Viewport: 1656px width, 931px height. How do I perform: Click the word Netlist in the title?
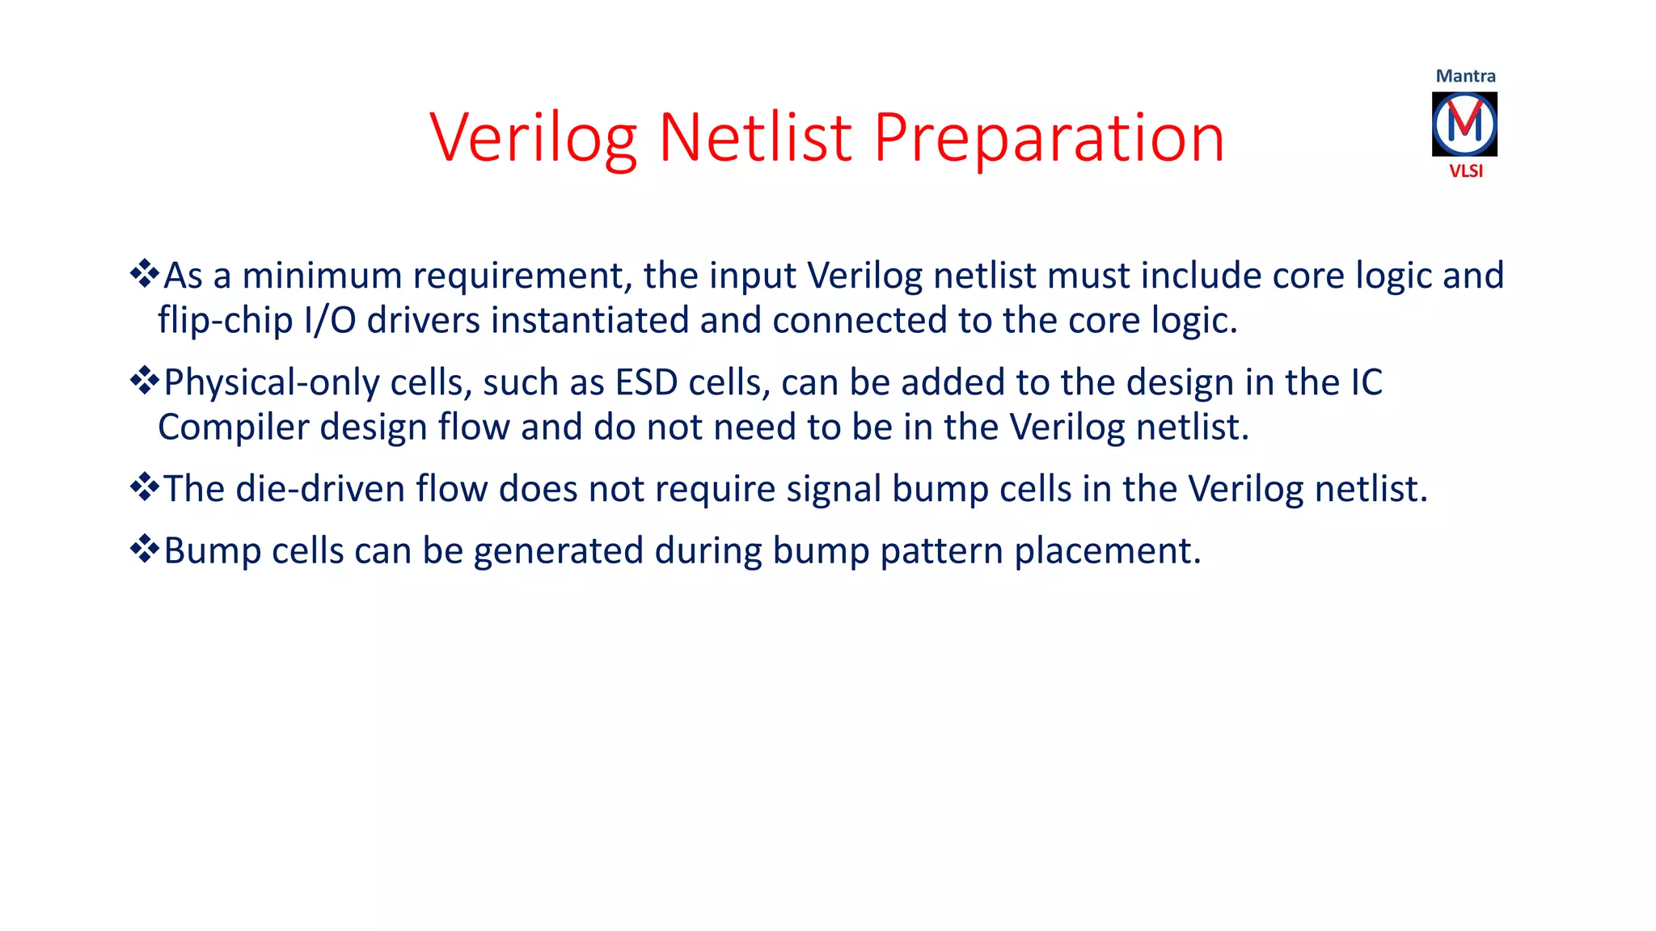point(755,137)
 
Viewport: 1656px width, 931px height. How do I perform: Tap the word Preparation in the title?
point(1049,139)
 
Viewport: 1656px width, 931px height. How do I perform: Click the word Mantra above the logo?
point(1465,76)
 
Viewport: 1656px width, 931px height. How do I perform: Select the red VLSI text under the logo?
point(1465,171)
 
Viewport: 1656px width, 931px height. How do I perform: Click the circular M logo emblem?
point(1464,124)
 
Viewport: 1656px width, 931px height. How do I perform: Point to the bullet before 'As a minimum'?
point(144,274)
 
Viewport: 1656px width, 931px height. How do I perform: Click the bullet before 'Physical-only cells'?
point(144,381)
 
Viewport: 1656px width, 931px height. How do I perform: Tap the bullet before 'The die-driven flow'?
point(144,487)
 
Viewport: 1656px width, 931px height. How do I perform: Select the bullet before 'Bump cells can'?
point(144,549)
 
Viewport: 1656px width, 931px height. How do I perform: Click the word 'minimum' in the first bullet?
point(322,276)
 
